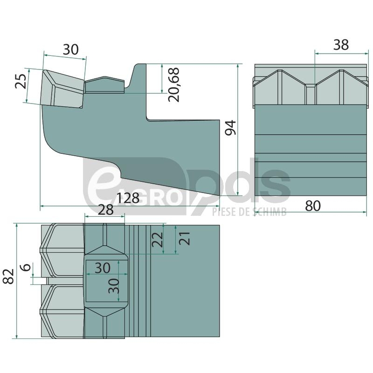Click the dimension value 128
128,198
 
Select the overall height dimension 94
230,128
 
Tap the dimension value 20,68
173,85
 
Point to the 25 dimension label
21,81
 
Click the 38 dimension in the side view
341,44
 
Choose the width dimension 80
313,206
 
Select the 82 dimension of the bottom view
8,276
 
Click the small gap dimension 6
27,267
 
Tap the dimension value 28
106,210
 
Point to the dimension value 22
157,239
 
